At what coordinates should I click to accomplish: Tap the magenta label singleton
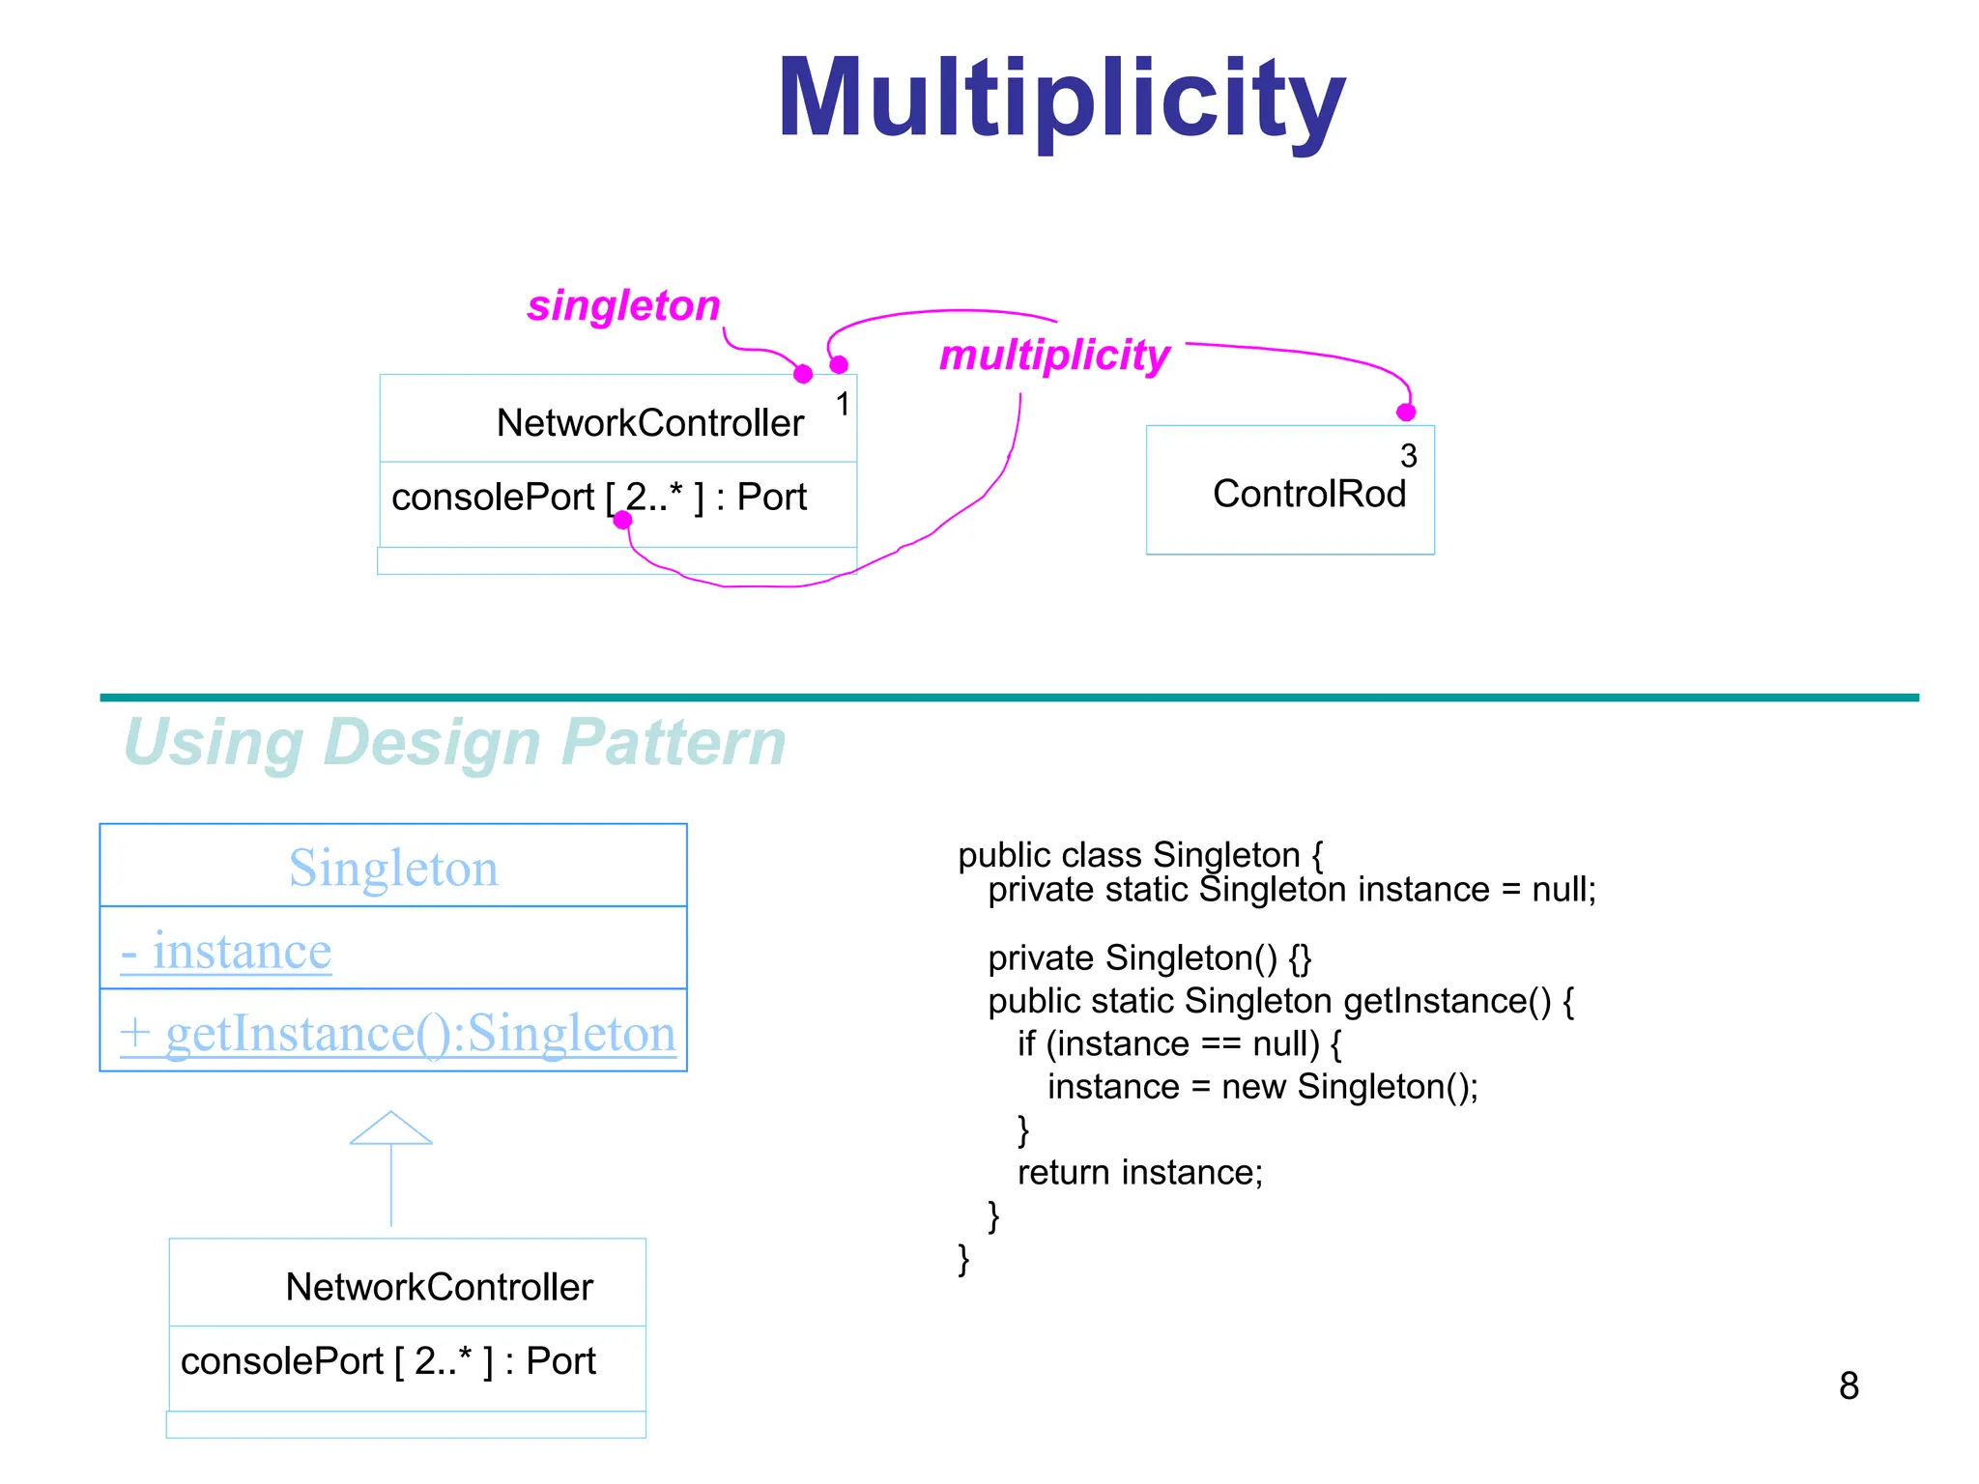[x=623, y=306]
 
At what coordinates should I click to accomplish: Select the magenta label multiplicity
[x=1054, y=356]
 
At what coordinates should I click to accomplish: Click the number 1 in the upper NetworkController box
[x=843, y=404]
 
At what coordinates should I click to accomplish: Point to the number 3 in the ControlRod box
[x=1408, y=455]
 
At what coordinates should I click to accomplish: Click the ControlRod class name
[x=1308, y=494]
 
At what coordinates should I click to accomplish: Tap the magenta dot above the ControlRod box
[x=1406, y=413]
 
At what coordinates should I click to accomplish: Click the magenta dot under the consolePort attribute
[x=623, y=520]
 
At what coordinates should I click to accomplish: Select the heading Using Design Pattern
[x=454, y=743]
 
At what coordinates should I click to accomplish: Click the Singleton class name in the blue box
[x=393, y=868]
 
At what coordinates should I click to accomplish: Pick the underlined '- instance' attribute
[x=226, y=951]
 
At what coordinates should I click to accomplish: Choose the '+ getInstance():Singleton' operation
[x=397, y=1033]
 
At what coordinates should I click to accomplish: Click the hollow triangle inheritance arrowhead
[x=390, y=1128]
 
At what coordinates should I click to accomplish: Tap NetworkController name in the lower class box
[x=439, y=1287]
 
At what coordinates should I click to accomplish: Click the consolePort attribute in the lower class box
[x=387, y=1361]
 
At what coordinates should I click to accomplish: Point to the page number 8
[x=1848, y=1385]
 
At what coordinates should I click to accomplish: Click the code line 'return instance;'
[x=1139, y=1172]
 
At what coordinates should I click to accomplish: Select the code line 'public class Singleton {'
[x=1139, y=855]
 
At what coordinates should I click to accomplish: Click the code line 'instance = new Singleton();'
[x=1262, y=1087]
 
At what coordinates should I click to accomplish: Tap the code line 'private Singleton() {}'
[x=1149, y=957]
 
